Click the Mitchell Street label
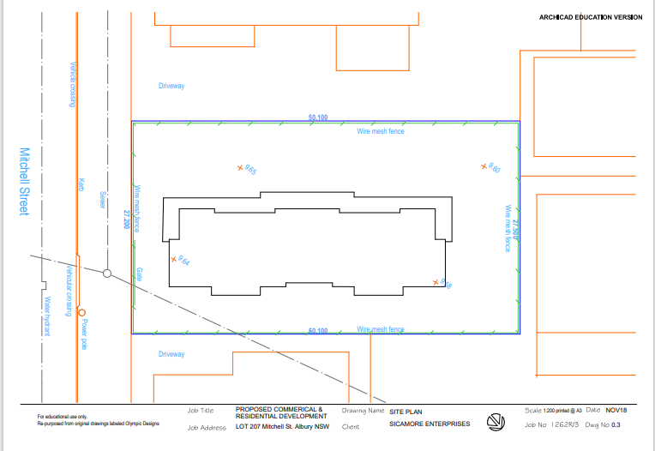tap(24, 182)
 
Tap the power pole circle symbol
tap(82, 312)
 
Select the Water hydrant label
tap(49, 316)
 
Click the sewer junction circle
tap(107, 274)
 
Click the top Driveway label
tap(171, 87)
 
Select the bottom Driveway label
tap(171, 354)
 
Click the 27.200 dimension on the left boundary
tap(126, 219)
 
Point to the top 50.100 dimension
tap(318, 117)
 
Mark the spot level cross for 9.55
tap(240, 168)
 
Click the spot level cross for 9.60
tap(484, 165)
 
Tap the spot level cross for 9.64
tap(174, 258)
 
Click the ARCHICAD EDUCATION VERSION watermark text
tap(590, 16)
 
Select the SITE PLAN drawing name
tap(406, 412)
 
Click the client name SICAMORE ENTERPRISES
tap(430, 424)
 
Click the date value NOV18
tap(616, 411)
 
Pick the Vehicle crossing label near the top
tap(73, 84)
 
